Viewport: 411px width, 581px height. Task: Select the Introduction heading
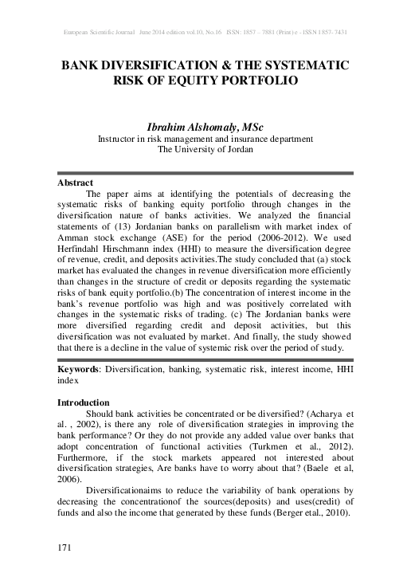[x=84, y=402]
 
